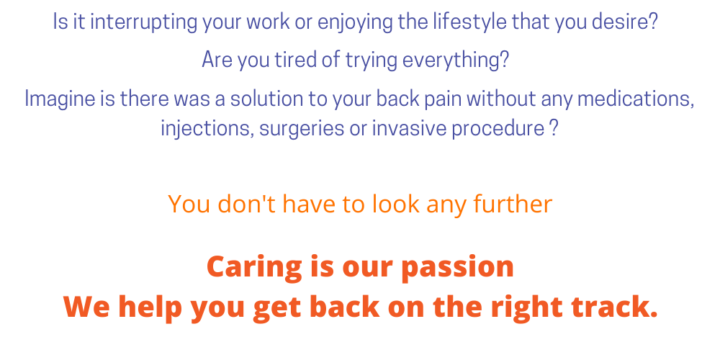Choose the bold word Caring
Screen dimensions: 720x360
pos(254,267)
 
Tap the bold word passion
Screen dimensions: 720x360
pos(457,267)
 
